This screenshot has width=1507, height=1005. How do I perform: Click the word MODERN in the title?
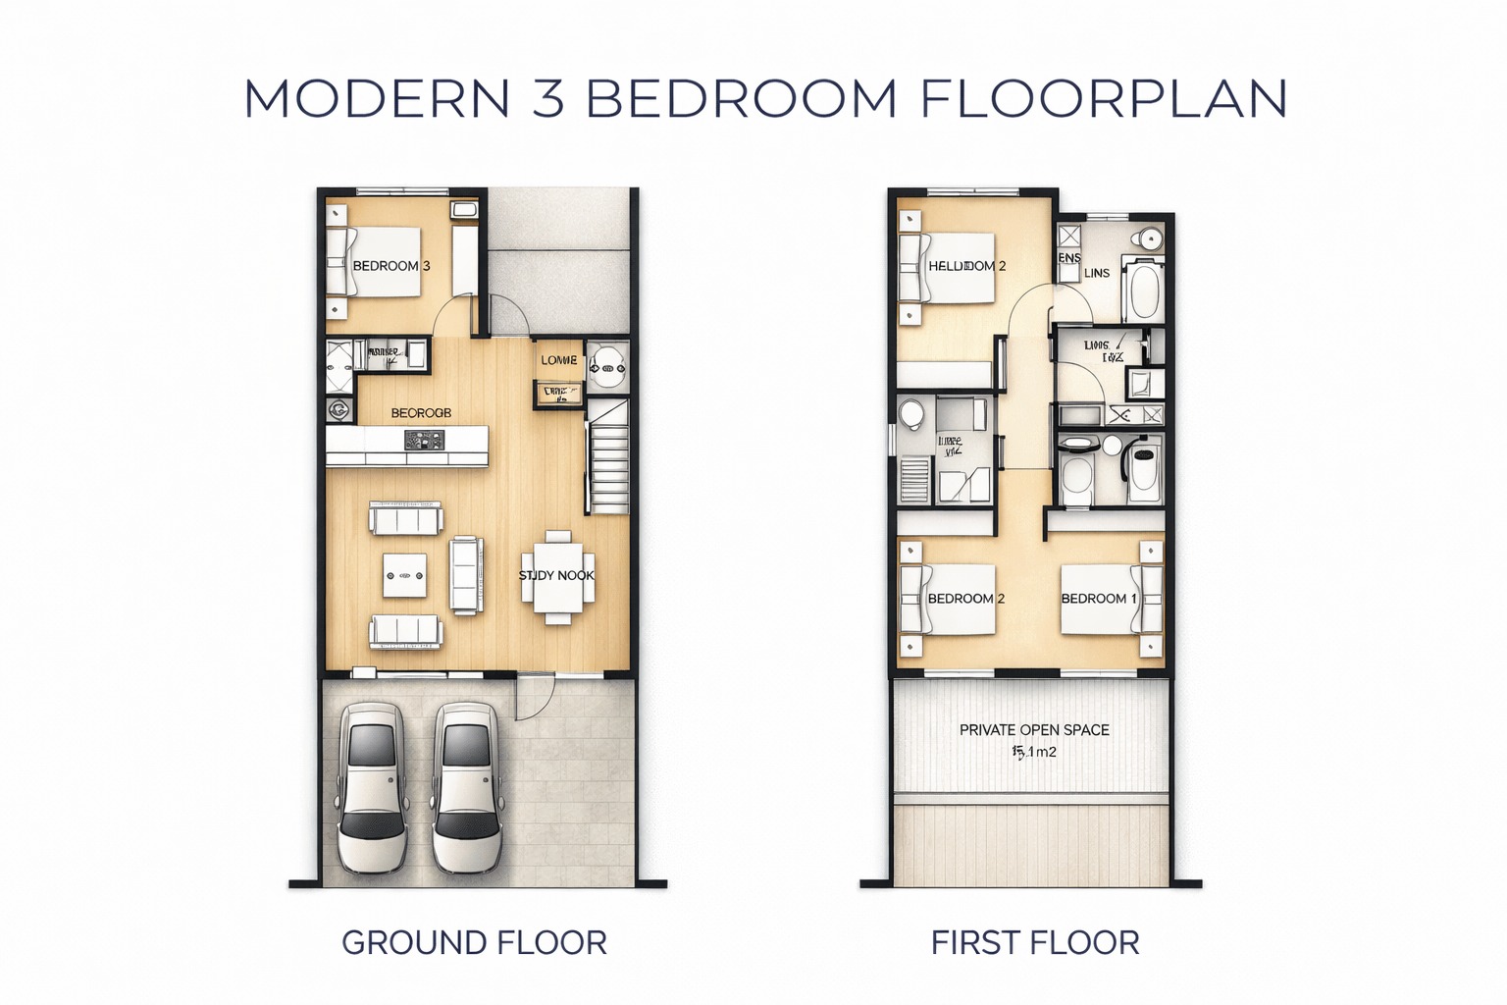pos(377,99)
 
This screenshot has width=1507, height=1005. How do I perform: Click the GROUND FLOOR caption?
pos(474,943)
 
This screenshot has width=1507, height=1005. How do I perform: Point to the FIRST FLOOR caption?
pos(1035,943)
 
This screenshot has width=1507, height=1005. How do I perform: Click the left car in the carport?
pos(372,786)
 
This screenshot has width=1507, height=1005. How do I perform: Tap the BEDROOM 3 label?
pos(390,266)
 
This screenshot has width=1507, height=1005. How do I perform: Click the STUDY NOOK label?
pos(556,575)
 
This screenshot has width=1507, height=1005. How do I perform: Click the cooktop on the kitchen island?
pos(425,443)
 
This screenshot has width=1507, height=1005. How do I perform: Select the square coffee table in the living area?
pos(405,575)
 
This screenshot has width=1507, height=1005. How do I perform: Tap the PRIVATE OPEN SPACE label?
pos(1034,730)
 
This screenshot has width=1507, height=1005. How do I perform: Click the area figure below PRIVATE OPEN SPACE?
pos(1034,753)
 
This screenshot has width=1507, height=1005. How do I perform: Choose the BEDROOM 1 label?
pos(1099,599)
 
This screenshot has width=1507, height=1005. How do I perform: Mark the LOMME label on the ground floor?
pos(559,360)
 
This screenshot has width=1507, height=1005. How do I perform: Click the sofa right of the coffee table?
pos(466,574)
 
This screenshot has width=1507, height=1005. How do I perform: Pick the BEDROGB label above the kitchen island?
pos(421,413)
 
